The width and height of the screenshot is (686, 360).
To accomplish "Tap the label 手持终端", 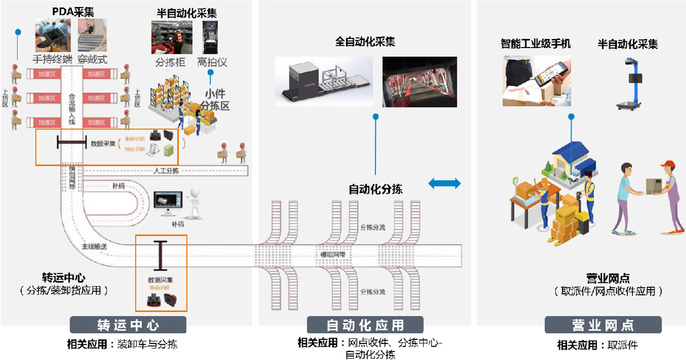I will coord(53,59).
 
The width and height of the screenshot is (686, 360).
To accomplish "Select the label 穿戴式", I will coord(92,59).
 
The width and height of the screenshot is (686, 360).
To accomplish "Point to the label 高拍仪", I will coord(212,62).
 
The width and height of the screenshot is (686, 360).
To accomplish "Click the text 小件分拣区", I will coord(214,99).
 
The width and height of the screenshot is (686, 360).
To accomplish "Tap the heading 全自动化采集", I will coord(365,42).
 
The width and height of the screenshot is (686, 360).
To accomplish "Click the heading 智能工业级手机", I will coord(535,43).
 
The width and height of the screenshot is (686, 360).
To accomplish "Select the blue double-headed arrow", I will coord(444,183).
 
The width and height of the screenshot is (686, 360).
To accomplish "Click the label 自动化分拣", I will coord(376,189).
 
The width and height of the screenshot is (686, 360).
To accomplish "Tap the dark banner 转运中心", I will coord(128,326).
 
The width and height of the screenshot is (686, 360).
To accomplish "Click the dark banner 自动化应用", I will coord(365,326).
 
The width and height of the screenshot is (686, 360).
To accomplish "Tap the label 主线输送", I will coord(94,247).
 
